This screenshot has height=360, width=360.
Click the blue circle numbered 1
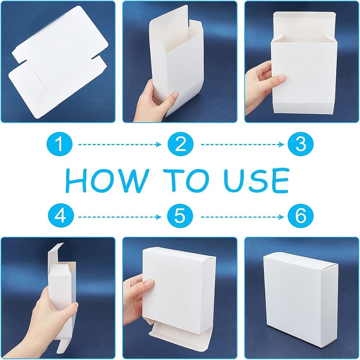[60, 144]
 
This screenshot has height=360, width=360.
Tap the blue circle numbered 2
[180, 144]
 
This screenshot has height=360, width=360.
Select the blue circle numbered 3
[301, 144]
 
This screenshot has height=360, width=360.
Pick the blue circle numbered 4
[61, 217]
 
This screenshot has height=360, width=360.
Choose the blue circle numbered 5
[180, 217]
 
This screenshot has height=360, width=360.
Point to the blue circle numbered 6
[301, 217]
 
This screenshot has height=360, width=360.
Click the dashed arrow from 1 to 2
[120, 144]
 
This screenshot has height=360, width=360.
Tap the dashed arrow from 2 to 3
[242, 144]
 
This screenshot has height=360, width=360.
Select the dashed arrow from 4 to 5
[120, 217]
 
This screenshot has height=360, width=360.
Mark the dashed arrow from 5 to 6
[242, 217]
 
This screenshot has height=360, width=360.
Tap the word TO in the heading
[185, 181]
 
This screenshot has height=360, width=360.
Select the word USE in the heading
[256, 181]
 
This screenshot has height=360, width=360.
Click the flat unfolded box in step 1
[59, 62]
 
